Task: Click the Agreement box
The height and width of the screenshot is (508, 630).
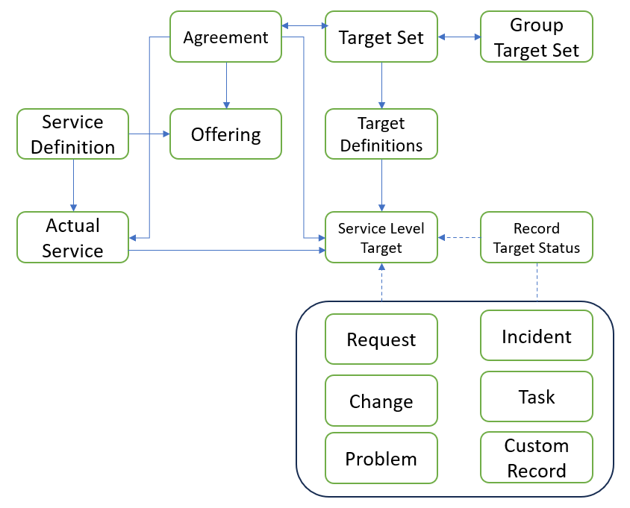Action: click(x=225, y=37)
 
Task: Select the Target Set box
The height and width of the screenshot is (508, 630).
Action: click(x=381, y=37)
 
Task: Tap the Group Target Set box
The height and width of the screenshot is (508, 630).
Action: click(x=536, y=37)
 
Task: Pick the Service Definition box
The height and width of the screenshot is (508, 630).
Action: click(x=73, y=134)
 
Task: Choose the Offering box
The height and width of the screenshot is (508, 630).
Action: click(x=225, y=134)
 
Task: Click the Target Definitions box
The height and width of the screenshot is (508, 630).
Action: click(x=381, y=134)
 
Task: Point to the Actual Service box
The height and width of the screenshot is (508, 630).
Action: click(x=73, y=237)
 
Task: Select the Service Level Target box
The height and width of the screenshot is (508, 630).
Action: click(x=381, y=237)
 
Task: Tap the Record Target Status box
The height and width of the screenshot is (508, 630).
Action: click(x=536, y=237)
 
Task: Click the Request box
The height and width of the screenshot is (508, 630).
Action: click(x=381, y=339)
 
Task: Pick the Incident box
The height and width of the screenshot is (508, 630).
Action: click(x=536, y=336)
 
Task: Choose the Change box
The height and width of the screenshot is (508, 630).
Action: click(x=381, y=401)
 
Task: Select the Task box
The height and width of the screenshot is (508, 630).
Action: click(x=536, y=396)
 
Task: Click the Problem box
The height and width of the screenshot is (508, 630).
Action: click(x=381, y=458)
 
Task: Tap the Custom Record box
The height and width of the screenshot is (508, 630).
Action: click(x=536, y=458)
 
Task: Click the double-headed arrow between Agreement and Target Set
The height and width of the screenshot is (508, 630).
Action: click(x=304, y=27)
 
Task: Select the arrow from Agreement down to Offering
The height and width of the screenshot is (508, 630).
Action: click(x=226, y=85)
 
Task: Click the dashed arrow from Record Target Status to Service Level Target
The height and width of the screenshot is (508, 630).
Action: click(x=459, y=237)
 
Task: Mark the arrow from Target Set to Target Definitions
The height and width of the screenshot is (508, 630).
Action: click(x=381, y=85)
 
